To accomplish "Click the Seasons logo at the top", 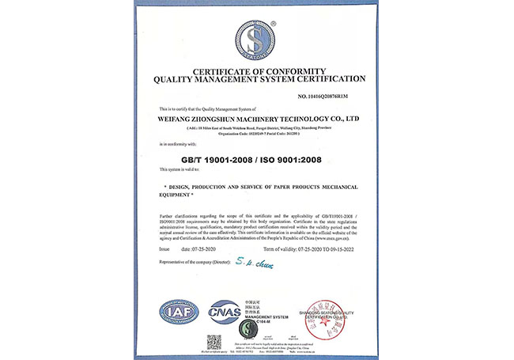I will pos(257,40).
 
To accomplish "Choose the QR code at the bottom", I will pos(214,342).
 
